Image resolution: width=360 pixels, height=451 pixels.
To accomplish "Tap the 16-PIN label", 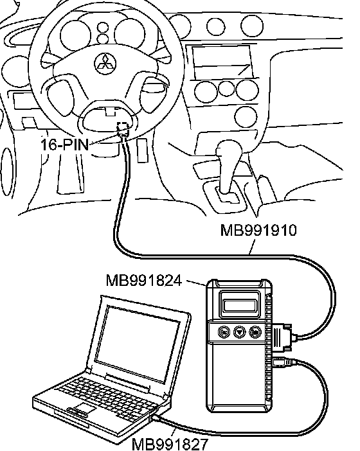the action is (x=64, y=145).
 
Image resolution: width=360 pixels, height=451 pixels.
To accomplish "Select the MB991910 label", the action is (x=258, y=231).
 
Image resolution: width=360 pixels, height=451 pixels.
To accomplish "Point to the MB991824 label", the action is (x=144, y=281).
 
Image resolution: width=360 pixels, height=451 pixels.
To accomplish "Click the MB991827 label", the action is (x=170, y=444).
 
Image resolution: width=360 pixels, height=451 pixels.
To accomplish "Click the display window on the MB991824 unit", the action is (x=239, y=305).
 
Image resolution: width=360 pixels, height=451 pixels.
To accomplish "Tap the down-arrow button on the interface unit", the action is (x=239, y=332).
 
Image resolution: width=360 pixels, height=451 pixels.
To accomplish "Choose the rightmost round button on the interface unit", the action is (x=255, y=332).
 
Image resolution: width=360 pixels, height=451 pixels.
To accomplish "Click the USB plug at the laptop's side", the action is (x=156, y=418).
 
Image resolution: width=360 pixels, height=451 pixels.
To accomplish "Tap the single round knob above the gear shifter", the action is (x=246, y=117).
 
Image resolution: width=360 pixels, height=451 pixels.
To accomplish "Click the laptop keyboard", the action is (x=107, y=396).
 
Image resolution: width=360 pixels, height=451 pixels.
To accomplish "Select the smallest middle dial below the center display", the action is (x=226, y=89).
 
